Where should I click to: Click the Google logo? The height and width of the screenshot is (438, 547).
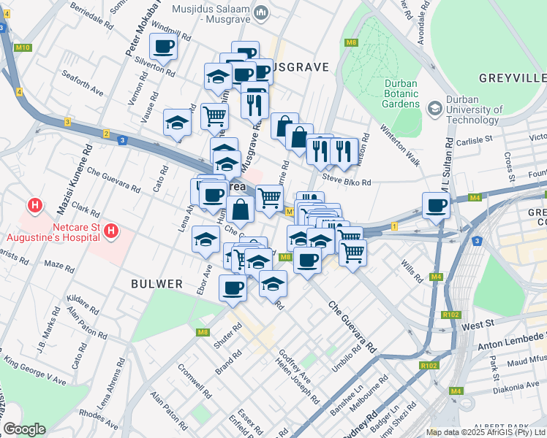click(24, 429)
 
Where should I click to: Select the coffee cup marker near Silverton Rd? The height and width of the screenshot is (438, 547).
click(163, 47)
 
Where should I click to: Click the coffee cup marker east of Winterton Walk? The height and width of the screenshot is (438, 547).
click(437, 206)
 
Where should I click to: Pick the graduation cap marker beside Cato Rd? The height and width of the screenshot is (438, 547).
click(177, 123)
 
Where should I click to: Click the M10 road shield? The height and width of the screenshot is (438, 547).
click(23, 48)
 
